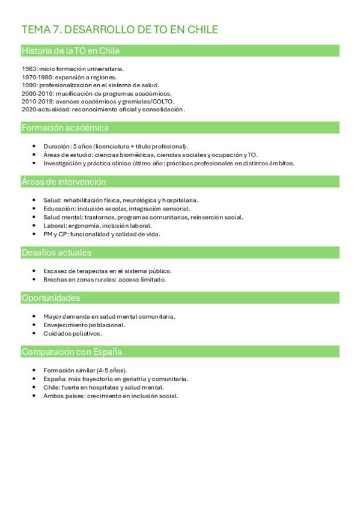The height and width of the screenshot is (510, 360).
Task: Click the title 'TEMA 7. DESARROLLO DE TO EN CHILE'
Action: pos(120,29)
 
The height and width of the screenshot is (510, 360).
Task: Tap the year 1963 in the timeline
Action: pos(29,69)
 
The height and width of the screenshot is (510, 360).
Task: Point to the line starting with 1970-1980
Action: pos(69,77)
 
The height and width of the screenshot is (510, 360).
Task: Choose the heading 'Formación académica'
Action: pos(65,127)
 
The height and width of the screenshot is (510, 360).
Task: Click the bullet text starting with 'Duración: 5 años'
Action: pos(115,146)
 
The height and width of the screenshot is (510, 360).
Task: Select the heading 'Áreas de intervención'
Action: pos(64,182)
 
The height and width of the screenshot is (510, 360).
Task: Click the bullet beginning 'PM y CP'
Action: pos(102,234)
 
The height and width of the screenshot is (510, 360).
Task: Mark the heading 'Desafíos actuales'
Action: pos(56,253)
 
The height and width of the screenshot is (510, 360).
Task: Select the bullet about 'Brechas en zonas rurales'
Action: pos(104,279)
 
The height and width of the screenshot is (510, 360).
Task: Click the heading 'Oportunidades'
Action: pos(50,298)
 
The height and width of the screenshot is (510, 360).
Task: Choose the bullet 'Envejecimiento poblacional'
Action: pos(84,325)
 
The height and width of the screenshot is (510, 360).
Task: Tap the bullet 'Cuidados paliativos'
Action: pos(73,333)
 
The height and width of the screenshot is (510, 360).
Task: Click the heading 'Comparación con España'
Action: pos(72,352)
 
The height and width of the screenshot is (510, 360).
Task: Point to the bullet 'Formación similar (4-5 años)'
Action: pos(85,370)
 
